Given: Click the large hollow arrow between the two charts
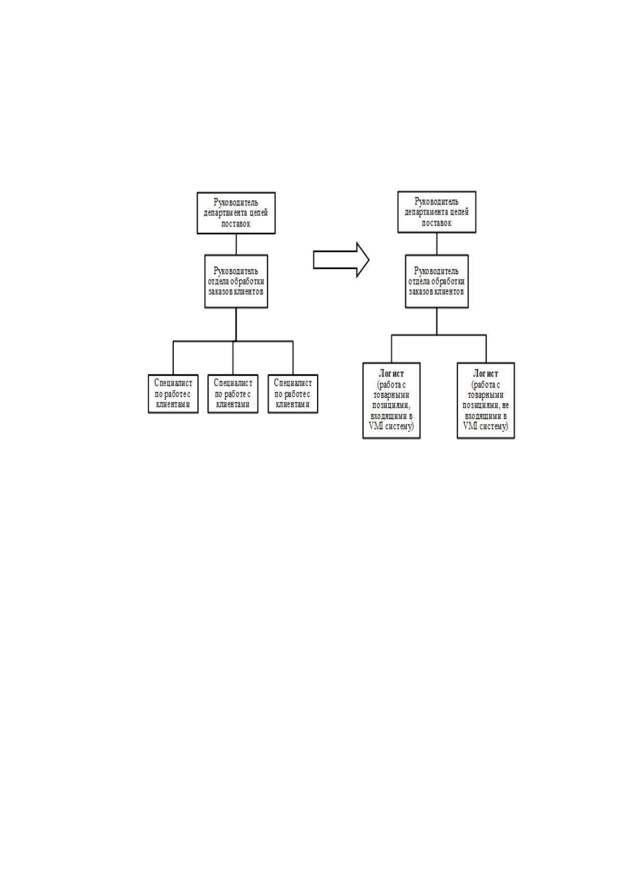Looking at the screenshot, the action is click(x=341, y=260).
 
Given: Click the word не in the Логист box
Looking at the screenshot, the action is click(x=504, y=405).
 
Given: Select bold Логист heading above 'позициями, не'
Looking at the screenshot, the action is click(x=486, y=373).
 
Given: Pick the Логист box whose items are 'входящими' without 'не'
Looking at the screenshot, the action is click(x=391, y=401).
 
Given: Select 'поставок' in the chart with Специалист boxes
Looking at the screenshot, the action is click(x=236, y=224).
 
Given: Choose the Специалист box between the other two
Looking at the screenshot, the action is click(x=233, y=394).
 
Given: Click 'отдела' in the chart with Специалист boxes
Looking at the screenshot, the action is click(x=218, y=281).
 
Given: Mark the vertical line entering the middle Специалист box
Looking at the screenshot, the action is click(x=233, y=358).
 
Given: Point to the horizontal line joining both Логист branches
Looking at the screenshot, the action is click(x=438, y=335).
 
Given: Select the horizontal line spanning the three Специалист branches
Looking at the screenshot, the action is click(x=233, y=342).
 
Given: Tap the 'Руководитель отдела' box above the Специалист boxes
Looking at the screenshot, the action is click(x=236, y=281).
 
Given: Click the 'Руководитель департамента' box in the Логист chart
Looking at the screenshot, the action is click(x=436, y=212).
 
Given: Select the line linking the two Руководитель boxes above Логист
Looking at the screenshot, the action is click(x=436, y=244).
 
